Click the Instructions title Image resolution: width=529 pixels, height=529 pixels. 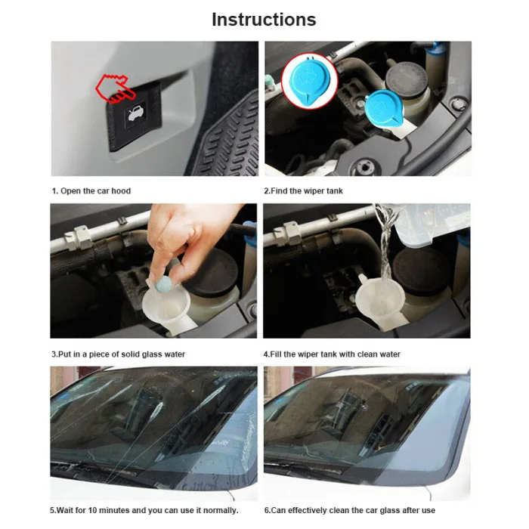(264, 20)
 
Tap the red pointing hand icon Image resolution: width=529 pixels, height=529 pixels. (116, 88)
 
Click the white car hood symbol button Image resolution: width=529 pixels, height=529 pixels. (135, 115)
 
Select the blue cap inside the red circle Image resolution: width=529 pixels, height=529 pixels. (309, 82)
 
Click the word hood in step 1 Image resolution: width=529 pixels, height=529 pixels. (121, 191)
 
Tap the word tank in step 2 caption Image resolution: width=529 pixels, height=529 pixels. (333, 191)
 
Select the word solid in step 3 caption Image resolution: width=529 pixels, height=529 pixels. (131, 354)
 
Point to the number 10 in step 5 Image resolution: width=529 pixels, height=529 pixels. (92, 510)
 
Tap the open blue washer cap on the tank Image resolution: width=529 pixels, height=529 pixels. (384, 109)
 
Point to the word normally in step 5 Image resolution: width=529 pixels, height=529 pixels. (220, 510)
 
